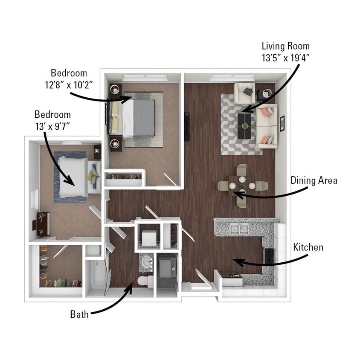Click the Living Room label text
tap(285, 46)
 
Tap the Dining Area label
tap(314, 180)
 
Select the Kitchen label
tap(308, 247)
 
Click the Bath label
tap(79, 315)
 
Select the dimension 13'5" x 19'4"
tap(285, 58)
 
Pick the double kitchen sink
tap(239, 229)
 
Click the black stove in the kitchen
tap(269, 255)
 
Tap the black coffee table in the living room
tap(244, 126)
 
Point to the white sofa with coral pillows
tap(267, 125)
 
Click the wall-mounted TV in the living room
tap(186, 127)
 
